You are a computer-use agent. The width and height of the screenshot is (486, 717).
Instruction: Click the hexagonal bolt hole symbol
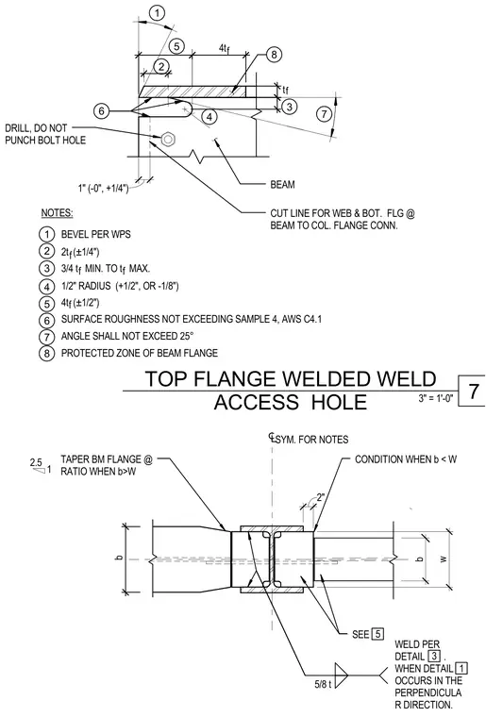(167, 138)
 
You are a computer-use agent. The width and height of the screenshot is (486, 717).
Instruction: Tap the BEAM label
(282, 185)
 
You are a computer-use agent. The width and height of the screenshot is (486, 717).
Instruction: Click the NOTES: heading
(58, 213)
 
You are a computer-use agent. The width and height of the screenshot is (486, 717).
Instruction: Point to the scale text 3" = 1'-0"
(436, 398)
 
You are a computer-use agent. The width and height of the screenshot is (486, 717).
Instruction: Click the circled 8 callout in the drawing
(274, 55)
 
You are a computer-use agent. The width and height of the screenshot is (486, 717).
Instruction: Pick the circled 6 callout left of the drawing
(102, 111)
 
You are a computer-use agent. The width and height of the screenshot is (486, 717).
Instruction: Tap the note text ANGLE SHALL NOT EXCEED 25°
(127, 336)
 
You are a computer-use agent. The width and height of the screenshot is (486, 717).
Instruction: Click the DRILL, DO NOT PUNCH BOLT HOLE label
(45, 134)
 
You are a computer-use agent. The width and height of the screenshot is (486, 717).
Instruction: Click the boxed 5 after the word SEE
(377, 634)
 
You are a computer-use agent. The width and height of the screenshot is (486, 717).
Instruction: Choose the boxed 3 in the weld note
(433, 657)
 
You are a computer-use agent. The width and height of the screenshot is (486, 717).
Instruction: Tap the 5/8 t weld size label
(324, 686)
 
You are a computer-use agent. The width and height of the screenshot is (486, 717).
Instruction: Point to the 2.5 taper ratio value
(36, 462)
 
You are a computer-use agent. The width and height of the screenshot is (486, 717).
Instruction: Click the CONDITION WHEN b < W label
(406, 459)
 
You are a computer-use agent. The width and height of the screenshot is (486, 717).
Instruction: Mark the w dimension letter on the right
(443, 559)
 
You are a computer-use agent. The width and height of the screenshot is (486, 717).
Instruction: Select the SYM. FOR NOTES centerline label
(310, 440)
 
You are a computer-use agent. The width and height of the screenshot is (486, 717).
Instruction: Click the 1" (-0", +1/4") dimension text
(103, 188)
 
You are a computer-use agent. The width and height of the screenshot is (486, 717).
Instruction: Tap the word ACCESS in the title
(256, 403)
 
